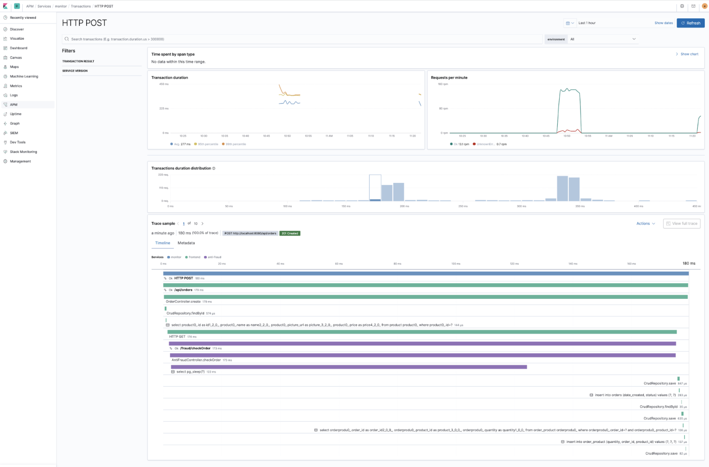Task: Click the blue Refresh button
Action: tap(690, 23)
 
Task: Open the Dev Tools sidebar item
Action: tap(18, 142)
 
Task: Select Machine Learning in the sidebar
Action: tap(24, 77)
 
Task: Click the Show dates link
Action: tap(663, 23)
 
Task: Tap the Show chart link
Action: tap(689, 54)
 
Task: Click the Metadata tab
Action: tap(186, 243)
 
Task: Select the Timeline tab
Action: tap(162, 243)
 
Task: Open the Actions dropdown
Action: tap(645, 224)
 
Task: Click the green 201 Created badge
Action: tap(290, 233)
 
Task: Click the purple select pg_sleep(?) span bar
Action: tap(348, 367)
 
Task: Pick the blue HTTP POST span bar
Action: tap(425, 274)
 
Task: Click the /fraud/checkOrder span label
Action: tap(195, 348)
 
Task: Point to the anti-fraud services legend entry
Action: tap(213, 257)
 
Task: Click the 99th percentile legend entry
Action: tap(235, 144)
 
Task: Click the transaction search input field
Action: tap(302, 39)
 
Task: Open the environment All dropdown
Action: tap(603, 39)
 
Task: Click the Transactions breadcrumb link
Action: tap(81, 6)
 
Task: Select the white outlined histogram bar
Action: tap(375, 187)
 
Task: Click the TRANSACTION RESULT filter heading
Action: tap(78, 61)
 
